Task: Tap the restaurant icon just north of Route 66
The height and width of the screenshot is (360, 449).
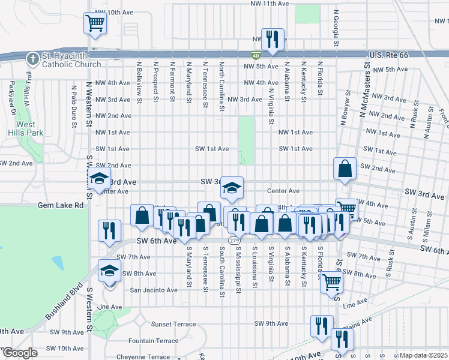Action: click(273, 40)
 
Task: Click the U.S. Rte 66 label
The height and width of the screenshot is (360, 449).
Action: click(389, 55)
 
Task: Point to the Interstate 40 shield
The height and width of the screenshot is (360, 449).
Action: click(256, 55)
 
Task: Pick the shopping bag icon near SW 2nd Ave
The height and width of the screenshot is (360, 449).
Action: click(346, 169)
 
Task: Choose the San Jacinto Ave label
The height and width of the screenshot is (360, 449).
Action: click(154, 290)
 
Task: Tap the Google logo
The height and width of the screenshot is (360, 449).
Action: click(20, 353)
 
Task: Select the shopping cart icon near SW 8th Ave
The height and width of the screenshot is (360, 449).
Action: click(331, 282)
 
